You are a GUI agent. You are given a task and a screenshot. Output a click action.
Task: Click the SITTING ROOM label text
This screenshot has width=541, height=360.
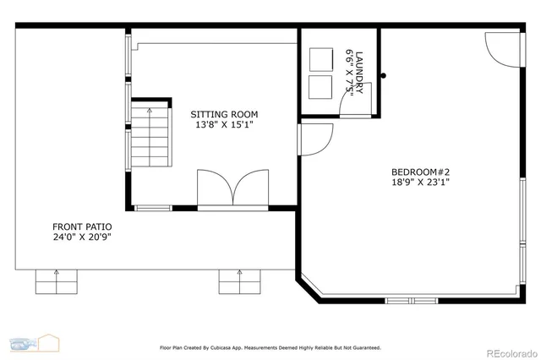224,114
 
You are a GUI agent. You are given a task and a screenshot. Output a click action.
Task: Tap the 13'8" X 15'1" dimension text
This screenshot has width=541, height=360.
224,125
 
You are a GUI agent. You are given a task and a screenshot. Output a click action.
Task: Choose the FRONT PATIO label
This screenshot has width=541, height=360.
82,226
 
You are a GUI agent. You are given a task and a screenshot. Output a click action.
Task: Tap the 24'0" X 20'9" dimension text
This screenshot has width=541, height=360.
82,237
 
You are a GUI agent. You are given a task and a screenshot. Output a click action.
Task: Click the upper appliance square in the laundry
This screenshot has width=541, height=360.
321,59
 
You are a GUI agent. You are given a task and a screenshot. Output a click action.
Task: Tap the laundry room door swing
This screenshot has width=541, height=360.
348,101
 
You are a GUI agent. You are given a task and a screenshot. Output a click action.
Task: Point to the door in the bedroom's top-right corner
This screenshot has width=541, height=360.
498,49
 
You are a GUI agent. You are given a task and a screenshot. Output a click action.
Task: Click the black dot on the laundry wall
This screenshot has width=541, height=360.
383,76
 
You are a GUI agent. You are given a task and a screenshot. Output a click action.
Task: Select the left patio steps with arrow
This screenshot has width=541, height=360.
57,281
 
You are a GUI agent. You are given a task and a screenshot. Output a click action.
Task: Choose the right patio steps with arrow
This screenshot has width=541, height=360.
240,281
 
